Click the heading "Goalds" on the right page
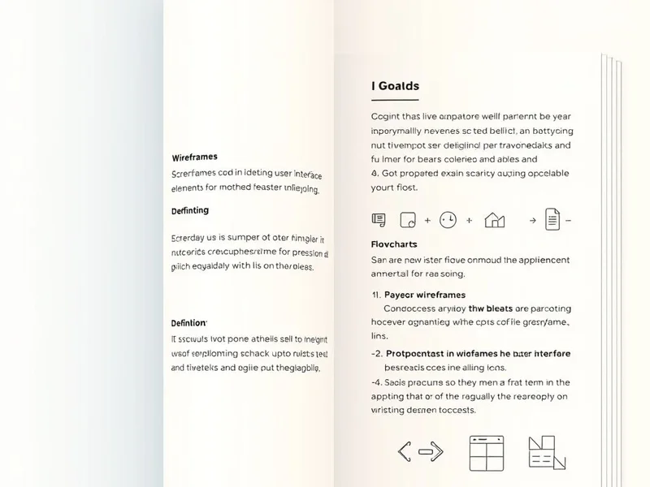pos(399,85)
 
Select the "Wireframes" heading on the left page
pos(194,157)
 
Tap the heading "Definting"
pos(190,210)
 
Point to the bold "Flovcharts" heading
pos(393,243)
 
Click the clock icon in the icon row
pos(448,219)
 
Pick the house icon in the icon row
pos(494,219)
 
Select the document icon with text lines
pos(552,218)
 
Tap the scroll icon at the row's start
pos(378,219)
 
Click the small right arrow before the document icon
pos(532,219)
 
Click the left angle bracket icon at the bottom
pos(405,452)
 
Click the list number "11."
pos(376,295)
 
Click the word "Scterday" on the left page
pos(190,239)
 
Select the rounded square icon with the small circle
pos(408,219)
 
